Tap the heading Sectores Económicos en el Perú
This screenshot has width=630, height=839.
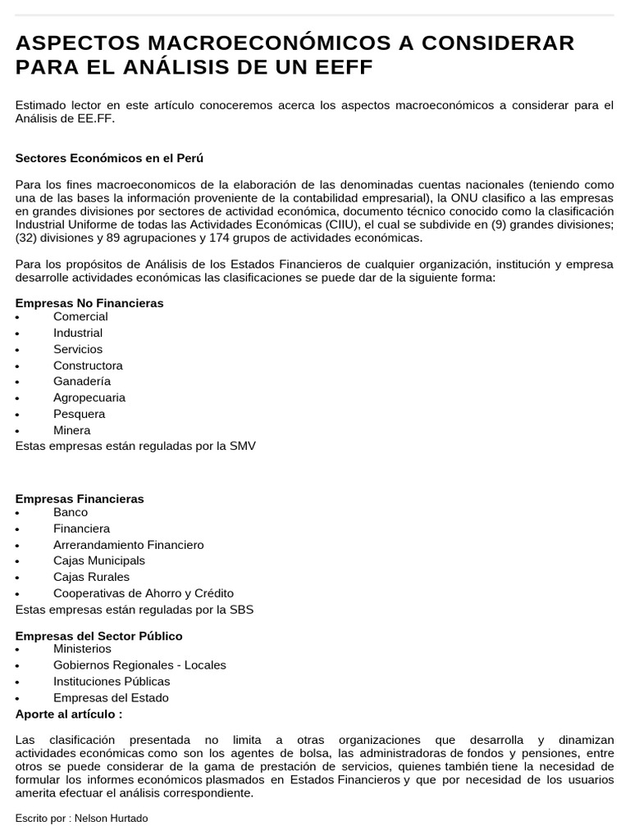[109, 158]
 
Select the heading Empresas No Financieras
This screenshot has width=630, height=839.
[89, 303]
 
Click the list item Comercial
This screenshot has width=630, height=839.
[80, 316]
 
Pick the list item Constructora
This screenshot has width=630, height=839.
[88, 365]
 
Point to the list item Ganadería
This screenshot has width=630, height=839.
[82, 381]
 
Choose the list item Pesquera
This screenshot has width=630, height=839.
[80, 414]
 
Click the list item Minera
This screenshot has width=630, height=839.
[72, 430]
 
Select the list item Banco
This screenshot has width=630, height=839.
[71, 512]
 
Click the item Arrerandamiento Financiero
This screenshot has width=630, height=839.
[129, 545]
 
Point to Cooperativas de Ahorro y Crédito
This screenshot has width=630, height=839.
[144, 593]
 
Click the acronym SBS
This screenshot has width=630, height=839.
[242, 610]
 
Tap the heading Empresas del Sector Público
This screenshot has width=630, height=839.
[99, 636]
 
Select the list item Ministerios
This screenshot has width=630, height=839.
[82, 649]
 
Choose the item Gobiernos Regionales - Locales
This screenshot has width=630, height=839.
[139, 665]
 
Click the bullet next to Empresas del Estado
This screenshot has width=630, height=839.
[17, 699]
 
